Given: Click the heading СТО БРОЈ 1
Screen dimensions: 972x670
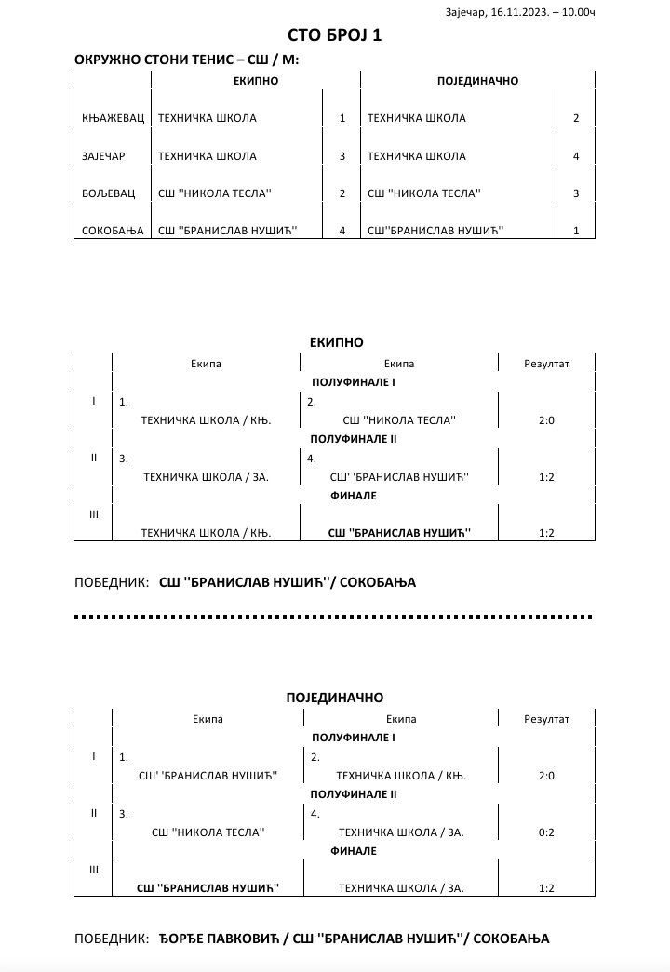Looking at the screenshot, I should click(335, 35).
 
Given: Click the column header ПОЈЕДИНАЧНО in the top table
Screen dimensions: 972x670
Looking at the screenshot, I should click(477, 81).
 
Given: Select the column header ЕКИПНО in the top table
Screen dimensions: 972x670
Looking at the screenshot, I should click(256, 81).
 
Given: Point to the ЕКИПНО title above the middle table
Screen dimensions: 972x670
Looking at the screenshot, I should click(336, 342).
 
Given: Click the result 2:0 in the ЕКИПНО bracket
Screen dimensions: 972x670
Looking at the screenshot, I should click(546, 420).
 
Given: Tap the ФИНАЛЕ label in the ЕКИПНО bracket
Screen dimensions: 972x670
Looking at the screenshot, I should click(354, 496).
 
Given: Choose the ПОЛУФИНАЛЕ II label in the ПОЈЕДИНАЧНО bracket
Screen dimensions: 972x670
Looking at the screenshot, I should click(354, 794).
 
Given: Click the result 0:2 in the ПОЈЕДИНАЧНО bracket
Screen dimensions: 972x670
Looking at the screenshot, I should click(546, 832).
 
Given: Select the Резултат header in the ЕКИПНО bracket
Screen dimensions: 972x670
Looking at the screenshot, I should click(547, 364).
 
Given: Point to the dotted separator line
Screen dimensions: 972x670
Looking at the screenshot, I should click(333, 616).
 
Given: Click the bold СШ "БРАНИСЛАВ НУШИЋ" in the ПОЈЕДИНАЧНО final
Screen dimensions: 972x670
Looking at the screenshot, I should click(208, 888).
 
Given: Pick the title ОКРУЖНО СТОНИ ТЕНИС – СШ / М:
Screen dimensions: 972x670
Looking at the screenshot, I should click(193, 60).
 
